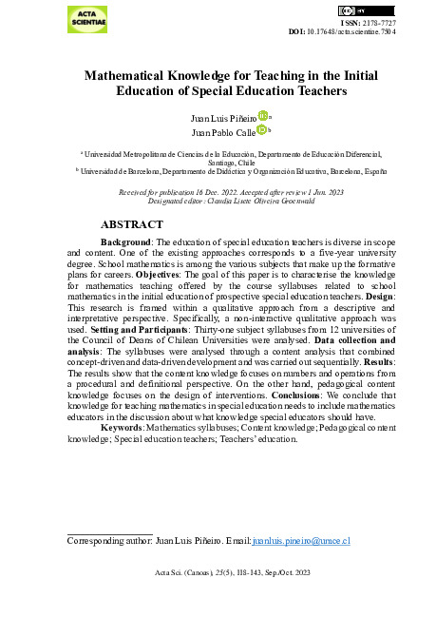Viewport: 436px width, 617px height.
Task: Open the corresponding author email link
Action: click(x=303, y=540)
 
